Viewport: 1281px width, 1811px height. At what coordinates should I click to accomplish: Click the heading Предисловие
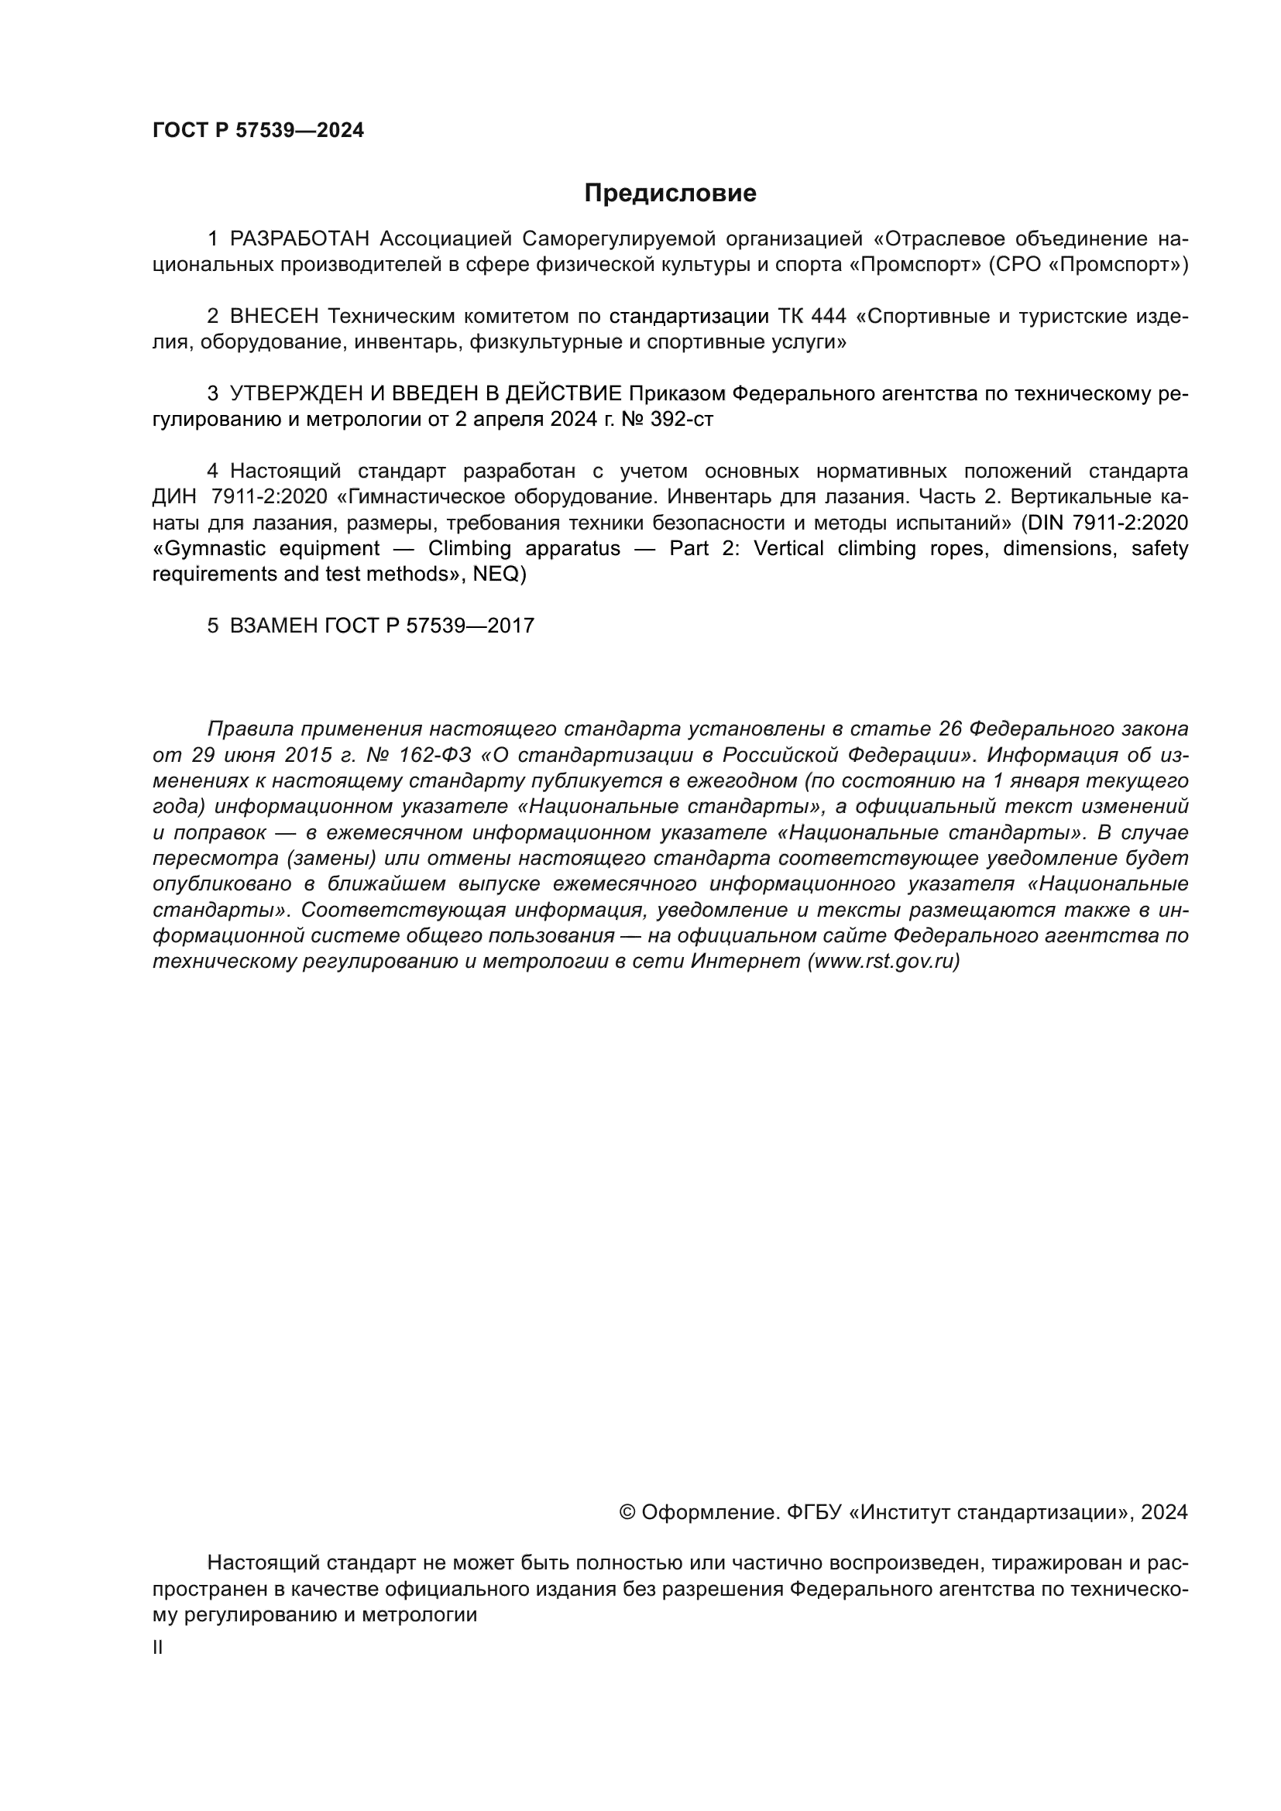coord(670,194)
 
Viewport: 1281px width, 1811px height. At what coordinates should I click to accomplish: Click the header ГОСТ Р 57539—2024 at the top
coord(258,130)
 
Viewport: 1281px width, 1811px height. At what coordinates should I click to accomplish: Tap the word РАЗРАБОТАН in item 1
coord(299,239)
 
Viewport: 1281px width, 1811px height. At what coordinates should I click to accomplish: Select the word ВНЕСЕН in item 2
coord(273,317)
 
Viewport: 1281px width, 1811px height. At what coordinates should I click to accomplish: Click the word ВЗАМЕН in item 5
coord(273,626)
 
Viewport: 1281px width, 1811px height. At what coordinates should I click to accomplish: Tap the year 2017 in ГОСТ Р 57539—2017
coord(510,626)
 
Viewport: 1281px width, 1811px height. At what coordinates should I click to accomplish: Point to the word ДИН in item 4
coord(172,497)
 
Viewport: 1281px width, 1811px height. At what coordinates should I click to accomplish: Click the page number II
coord(158,1648)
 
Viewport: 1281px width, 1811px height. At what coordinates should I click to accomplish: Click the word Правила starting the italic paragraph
coord(249,729)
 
